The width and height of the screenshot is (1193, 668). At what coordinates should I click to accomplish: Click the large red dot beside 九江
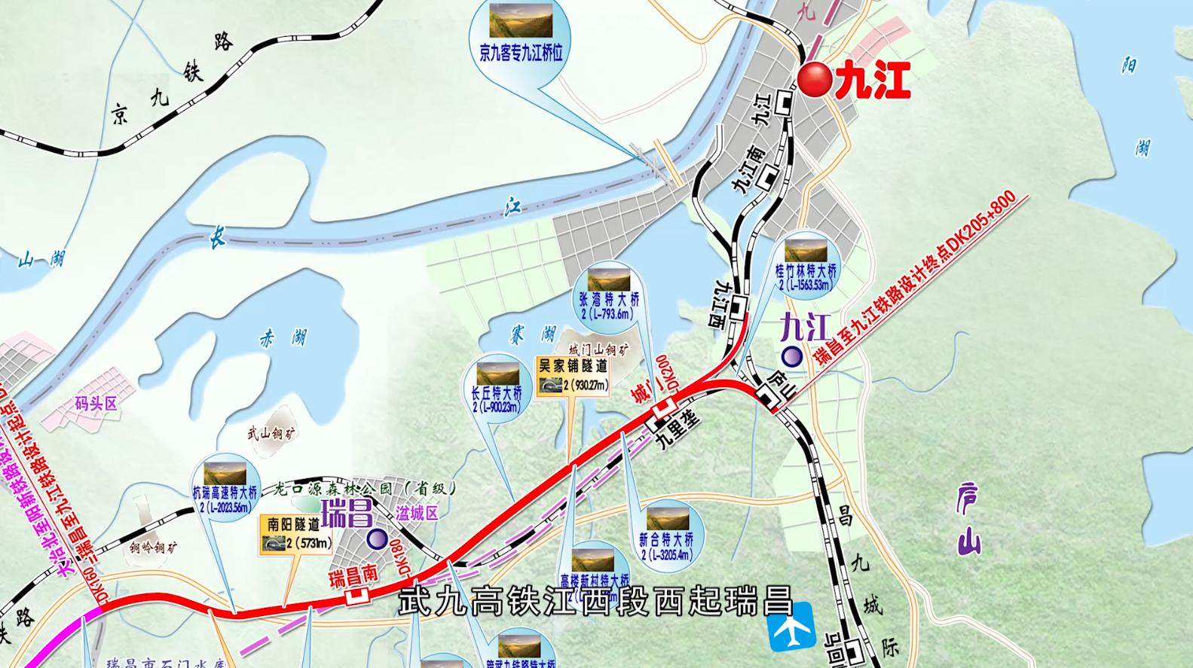[815, 80]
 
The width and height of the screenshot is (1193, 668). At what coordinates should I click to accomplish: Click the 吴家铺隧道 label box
[573, 376]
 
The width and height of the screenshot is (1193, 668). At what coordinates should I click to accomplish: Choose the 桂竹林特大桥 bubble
[806, 264]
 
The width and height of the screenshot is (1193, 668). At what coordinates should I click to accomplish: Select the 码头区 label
[96, 404]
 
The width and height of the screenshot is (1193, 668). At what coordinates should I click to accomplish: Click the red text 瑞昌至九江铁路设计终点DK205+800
[916, 279]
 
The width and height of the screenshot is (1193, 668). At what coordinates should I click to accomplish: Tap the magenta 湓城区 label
[416, 514]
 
